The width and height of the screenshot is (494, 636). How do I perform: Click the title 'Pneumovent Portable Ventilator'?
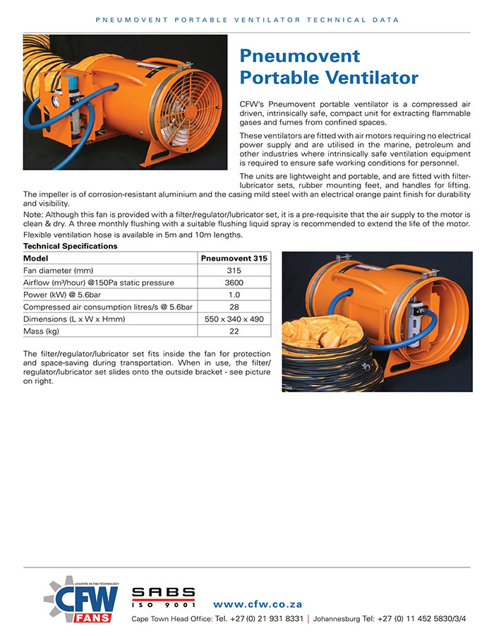pyautogui.click(x=329, y=66)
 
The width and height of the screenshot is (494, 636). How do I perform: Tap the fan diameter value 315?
pyautogui.click(x=234, y=271)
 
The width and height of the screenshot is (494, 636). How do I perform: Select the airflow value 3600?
pyautogui.click(x=234, y=283)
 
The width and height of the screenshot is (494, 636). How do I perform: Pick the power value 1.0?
pyautogui.click(x=234, y=295)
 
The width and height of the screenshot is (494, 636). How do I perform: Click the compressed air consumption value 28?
pyautogui.click(x=234, y=307)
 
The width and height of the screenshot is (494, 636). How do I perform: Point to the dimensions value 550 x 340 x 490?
pyautogui.click(x=234, y=319)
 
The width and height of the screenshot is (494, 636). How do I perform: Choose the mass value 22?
pyautogui.click(x=234, y=331)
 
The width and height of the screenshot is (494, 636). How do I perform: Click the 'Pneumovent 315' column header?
pyautogui.click(x=234, y=259)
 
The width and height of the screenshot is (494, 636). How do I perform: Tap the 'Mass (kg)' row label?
pyautogui.click(x=42, y=331)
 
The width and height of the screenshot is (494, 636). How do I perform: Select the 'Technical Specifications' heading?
pyautogui.click(x=70, y=246)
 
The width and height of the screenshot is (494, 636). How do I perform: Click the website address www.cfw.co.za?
pyautogui.click(x=258, y=604)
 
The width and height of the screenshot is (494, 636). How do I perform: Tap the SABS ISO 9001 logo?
pyautogui.click(x=163, y=598)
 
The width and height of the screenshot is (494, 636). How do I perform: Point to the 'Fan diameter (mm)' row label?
pyautogui.click(x=58, y=271)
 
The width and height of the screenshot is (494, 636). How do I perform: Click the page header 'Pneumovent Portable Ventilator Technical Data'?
pyautogui.click(x=247, y=20)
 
